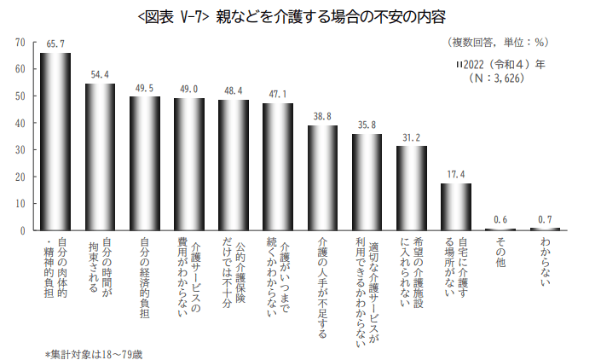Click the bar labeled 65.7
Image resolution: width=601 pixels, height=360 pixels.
pos(55,142)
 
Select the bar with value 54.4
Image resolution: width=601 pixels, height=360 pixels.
pos(100,157)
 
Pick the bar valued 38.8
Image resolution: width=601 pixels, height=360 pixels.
pos(322,177)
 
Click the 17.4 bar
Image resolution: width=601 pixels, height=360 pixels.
pos(456,206)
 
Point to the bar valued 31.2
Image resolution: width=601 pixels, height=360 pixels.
pos(412,188)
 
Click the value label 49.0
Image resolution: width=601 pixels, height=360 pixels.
pos(189,89)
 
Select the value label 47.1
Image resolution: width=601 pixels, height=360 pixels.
pos(278,94)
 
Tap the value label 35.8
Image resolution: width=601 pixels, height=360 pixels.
pos(367,125)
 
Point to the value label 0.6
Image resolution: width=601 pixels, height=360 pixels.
pos(500,219)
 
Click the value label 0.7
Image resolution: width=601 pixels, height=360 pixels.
pos(545,219)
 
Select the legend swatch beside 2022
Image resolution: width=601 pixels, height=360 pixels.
pos(459,64)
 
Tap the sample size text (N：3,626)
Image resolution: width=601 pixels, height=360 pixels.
pos(495,78)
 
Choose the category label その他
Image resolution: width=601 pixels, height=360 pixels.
pos(500,253)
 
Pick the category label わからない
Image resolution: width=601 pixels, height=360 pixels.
pos(545,261)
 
